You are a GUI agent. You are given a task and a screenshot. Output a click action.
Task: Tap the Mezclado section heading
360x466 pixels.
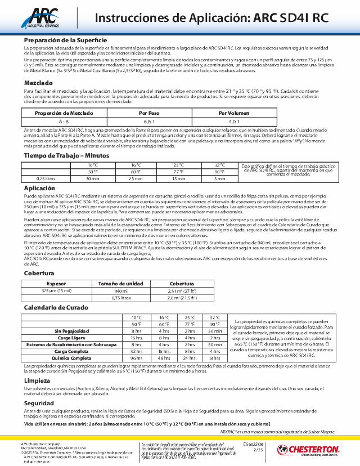tap(39, 82)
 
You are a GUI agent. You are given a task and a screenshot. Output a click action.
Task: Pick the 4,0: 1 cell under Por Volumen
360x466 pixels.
tap(233, 121)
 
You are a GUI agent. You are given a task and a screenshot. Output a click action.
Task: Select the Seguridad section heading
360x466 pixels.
tap(39, 403)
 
